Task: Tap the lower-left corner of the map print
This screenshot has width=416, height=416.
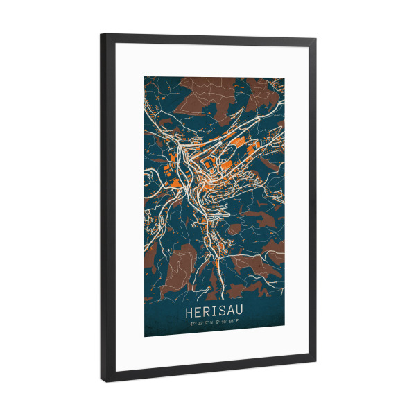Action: click(145, 336)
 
